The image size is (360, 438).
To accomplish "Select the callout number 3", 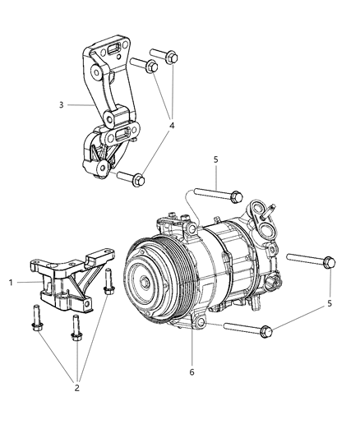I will tap(61, 105).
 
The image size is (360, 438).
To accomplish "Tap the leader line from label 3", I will tap(77, 105).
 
